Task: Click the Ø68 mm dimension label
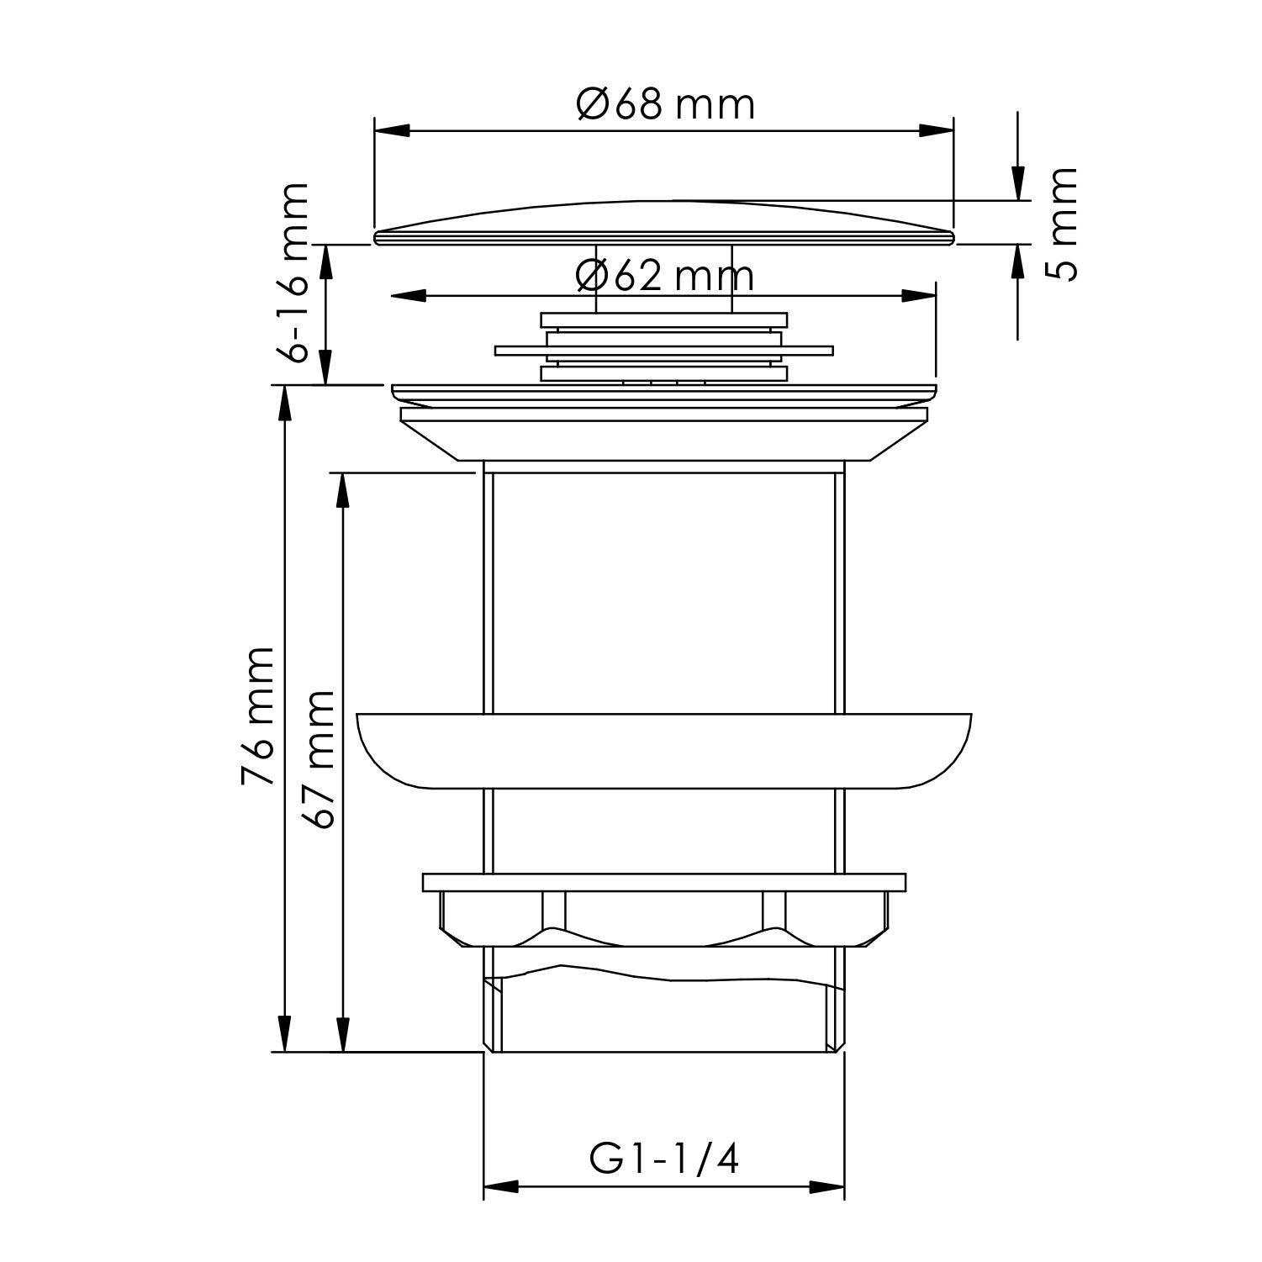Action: coord(665,105)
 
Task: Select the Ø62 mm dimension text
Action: coord(665,275)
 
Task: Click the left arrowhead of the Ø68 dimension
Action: coord(392,131)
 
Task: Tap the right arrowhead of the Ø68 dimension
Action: coord(936,131)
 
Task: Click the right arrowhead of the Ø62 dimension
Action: coord(918,296)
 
